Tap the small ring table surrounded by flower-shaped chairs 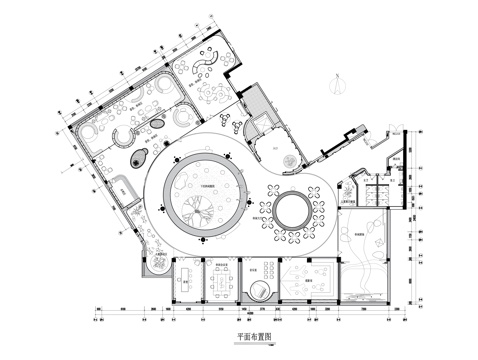[294, 212]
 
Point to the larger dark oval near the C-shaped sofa [139, 156]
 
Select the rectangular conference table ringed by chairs [221, 281]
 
